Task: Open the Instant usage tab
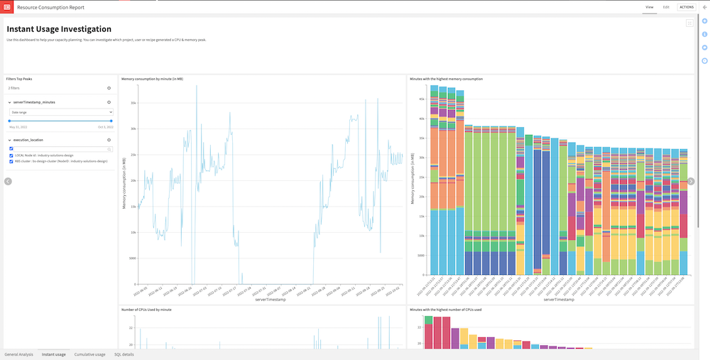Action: coord(53,354)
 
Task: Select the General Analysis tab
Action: coord(19,354)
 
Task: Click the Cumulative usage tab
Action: coord(89,354)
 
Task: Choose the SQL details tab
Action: coord(124,354)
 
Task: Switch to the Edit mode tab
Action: coord(666,7)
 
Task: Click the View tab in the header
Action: coord(649,7)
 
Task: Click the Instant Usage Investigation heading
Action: coord(59,29)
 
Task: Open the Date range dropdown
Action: coord(60,111)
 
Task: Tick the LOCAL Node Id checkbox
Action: coord(11,156)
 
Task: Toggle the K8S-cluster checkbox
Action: coord(11,161)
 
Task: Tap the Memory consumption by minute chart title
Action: coord(152,79)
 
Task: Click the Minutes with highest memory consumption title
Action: coord(446,79)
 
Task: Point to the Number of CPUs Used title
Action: coord(146,310)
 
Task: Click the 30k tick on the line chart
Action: coord(132,129)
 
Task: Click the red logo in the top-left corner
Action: coord(8,7)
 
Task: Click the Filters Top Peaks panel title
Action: coord(19,79)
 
